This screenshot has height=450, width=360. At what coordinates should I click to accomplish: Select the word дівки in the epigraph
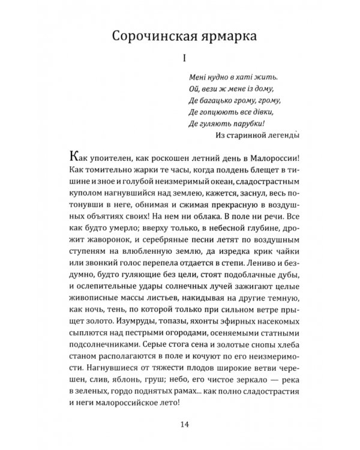coord(244,111)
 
